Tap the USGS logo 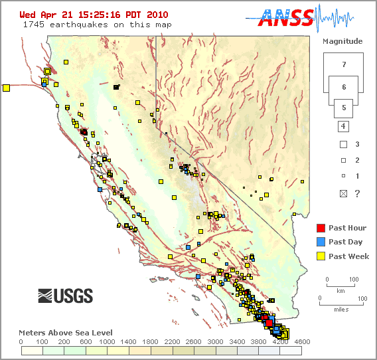click(x=65, y=296)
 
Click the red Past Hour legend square click(x=320, y=228)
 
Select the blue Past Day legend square click(x=320, y=242)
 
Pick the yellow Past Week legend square click(x=320, y=256)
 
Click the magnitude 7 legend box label click(x=343, y=65)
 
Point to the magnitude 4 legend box click(x=343, y=126)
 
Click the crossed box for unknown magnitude click(x=343, y=193)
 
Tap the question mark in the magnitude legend click(x=358, y=193)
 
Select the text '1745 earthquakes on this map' click(x=97, y=25)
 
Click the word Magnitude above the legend click(x=342, y=41)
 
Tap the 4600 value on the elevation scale click(x=302, y=342)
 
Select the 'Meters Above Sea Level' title click(x=65, y=333)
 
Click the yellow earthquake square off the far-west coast click(x=6, y=87)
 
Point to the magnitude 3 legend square click(x=343, y=144)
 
